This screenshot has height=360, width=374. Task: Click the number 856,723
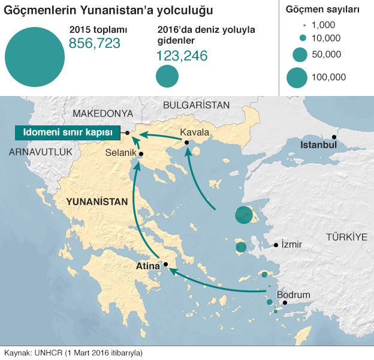coord(95,43)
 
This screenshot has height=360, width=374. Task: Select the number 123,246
coord(182,56)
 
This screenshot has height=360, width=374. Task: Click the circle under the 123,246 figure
coord(167,76)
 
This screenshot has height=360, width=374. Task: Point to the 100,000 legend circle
coord(297,77)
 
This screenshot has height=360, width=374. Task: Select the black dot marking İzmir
coord(276,245)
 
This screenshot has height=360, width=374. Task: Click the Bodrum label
coord(293,295)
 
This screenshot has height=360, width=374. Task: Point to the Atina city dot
coord(165,263)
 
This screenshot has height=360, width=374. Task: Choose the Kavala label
coord(195,132)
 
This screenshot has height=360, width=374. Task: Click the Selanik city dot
coord(141,154)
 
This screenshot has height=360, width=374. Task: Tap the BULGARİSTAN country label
coord(196,104)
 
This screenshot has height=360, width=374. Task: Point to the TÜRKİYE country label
coord(346,237)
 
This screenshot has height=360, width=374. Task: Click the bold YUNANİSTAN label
coord(97,202)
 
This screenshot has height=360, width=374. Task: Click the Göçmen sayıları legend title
coord(322,10)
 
